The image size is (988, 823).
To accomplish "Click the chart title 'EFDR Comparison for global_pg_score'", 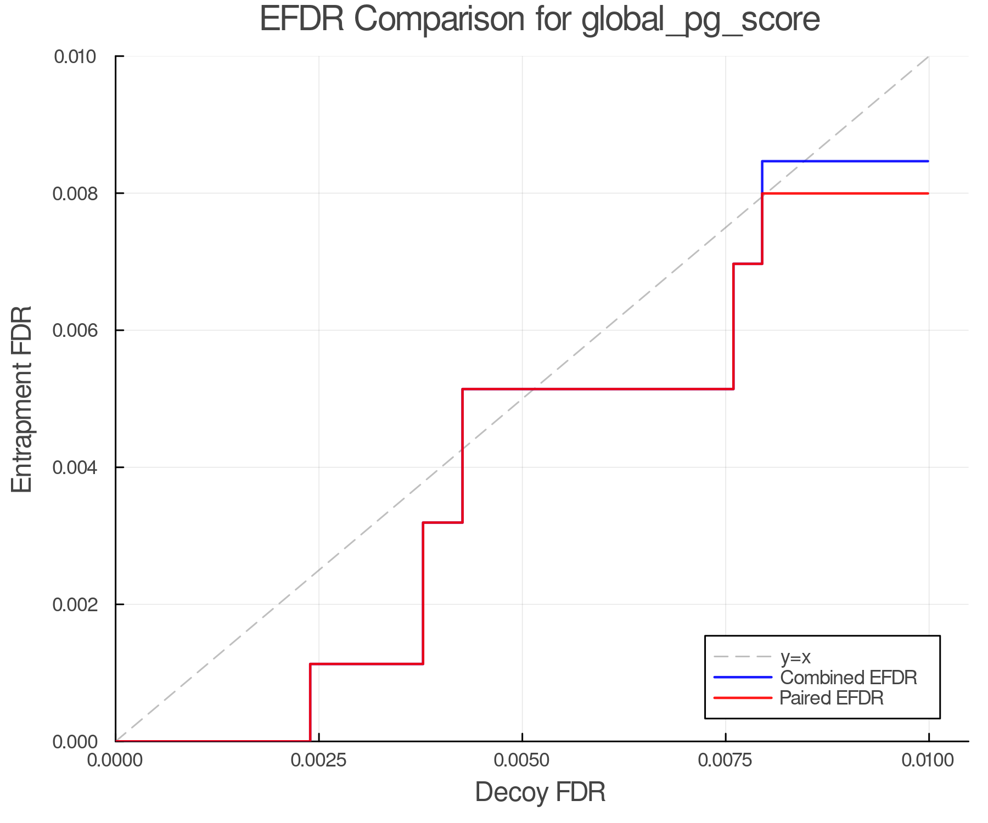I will coord(540,19).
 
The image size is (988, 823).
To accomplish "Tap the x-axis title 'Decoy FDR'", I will coord(540,792).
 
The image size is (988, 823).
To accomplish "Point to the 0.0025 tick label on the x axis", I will coord(319,760).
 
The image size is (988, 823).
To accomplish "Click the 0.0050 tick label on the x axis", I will coord(522,760).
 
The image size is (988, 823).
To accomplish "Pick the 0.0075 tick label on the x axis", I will coord(726,760).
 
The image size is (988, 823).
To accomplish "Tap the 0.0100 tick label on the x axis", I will coord(928,760).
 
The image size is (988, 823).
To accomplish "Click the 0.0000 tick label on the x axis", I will coord(116,760).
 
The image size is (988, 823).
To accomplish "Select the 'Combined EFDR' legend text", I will coord(848,678).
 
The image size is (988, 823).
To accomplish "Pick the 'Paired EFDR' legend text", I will coord(832,698).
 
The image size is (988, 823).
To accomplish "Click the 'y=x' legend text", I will coord(795,657).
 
